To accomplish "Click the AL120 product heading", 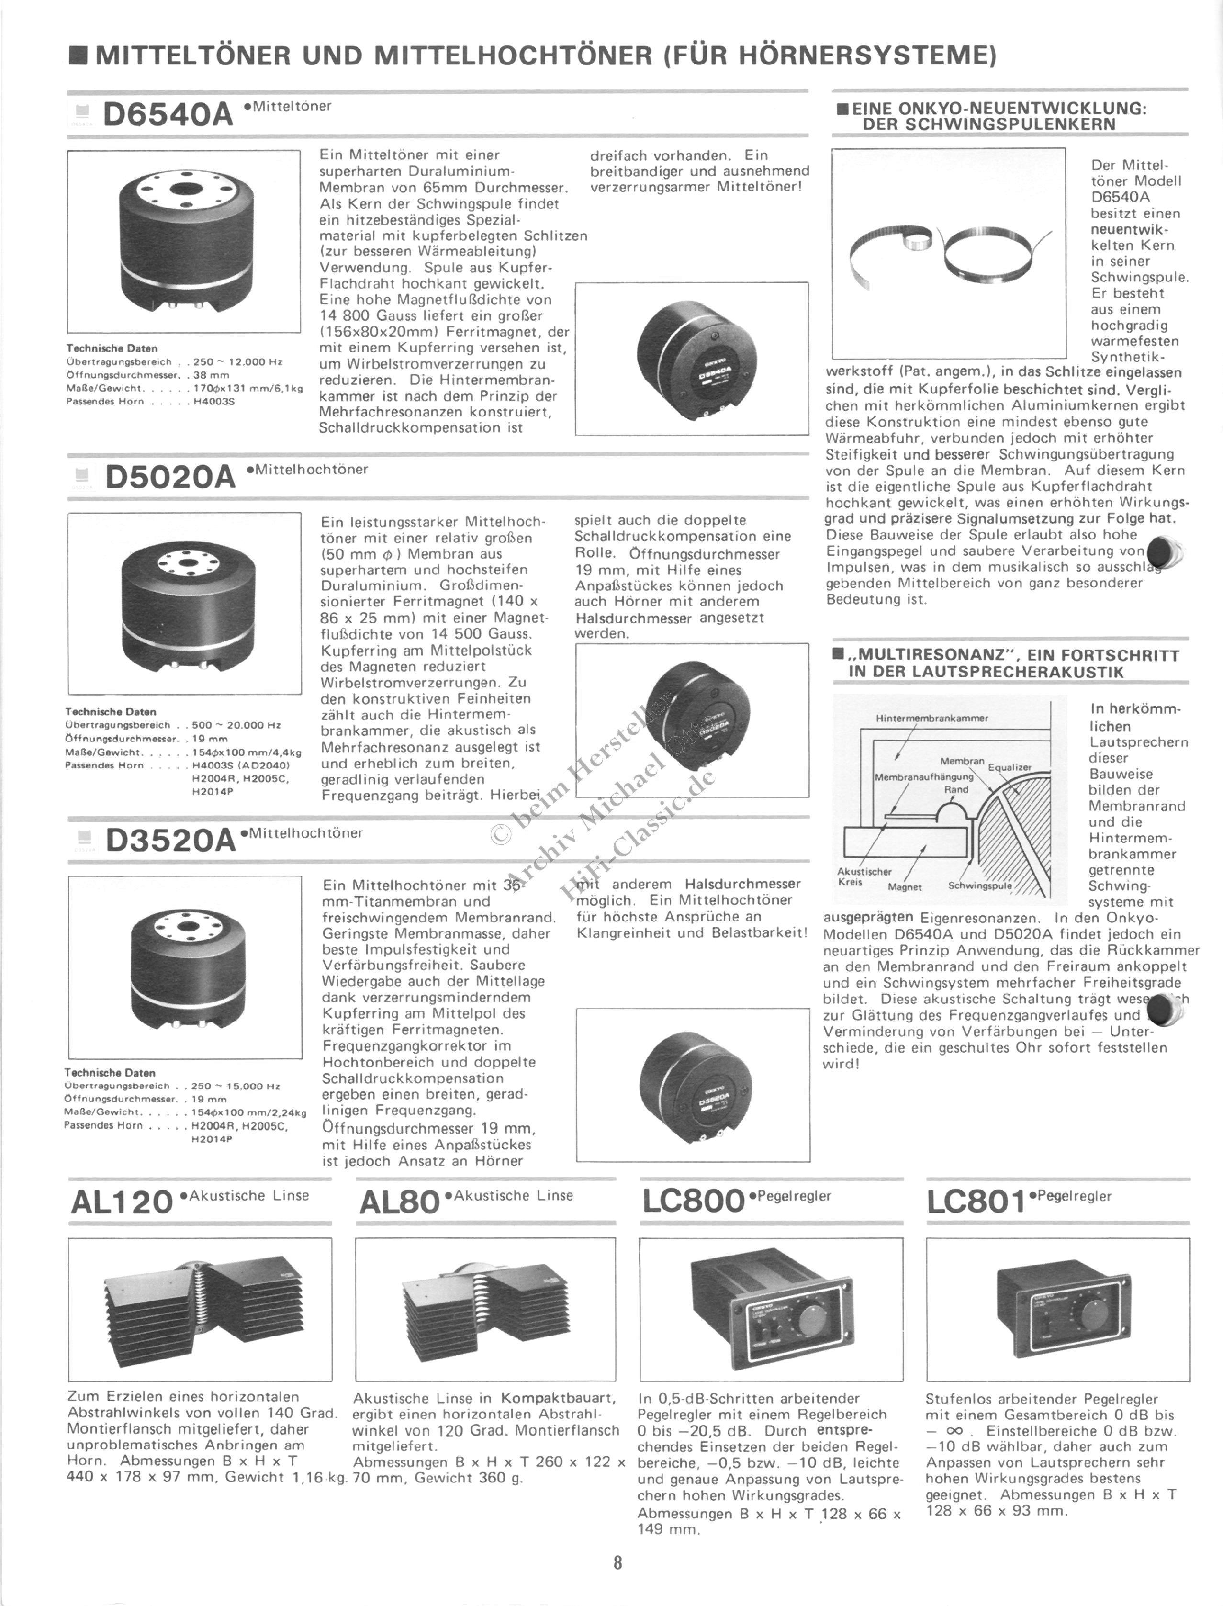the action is (x=122, y=1202).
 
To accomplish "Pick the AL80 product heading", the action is (x=400, y=1202).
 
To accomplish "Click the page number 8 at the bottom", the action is (x=617, y=1562).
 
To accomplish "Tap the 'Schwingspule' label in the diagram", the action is (x=980, y=886).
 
